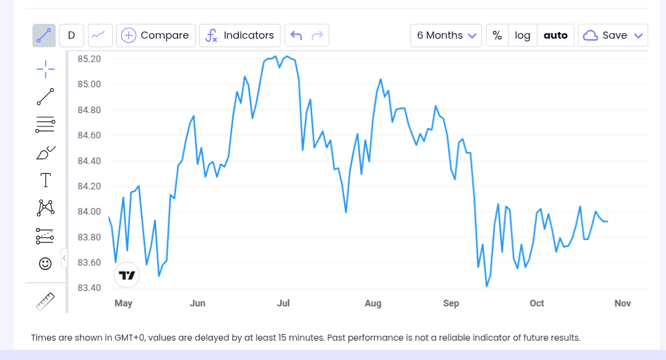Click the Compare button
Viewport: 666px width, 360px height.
(x=156, y=35)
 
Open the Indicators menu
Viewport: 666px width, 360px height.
(x=239, y=35)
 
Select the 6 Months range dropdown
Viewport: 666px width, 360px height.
(x=446, y=35)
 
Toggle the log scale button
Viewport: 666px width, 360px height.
(x=523, y=35)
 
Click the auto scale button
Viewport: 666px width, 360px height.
(x=556, y=35)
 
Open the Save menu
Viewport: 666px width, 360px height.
(x=613, y=35)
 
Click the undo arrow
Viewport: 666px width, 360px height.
(x=296, y=35)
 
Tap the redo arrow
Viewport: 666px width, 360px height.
(x=317, y=35)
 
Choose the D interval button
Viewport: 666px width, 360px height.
(x=71, y=35)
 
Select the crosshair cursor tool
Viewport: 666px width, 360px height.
(x=45, y=69)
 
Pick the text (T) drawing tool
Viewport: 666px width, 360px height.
(x=45, y=180)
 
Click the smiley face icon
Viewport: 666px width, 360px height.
(x=45, y=263)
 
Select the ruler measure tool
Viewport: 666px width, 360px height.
(x=45, y=301)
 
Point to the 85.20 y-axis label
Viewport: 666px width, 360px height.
(x=89, y=59)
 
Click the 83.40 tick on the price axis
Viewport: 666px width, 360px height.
(x=89, y=288)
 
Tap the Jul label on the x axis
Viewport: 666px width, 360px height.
(x=283, y=303)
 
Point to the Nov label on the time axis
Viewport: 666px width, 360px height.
(x=622, y=303)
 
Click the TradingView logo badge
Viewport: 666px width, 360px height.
(x=127, y=275)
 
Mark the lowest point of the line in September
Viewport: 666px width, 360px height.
(x=487, y=287)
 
